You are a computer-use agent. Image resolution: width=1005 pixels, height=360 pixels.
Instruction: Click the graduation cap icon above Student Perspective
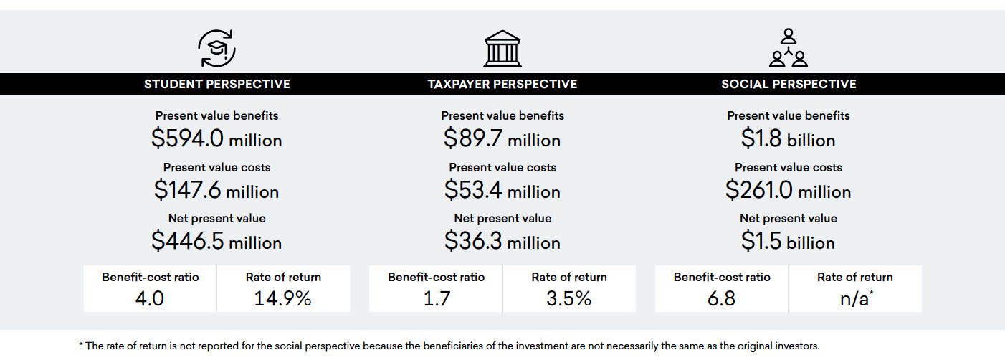216,49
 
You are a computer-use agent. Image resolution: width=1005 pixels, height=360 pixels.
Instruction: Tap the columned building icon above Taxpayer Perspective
502,49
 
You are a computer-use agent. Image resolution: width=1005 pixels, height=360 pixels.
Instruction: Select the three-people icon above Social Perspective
789,48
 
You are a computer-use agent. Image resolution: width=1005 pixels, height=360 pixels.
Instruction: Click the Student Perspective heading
217,84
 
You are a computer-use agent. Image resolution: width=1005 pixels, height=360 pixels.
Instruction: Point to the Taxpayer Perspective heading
502,84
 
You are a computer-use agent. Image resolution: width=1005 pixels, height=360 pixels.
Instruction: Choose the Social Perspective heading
789,84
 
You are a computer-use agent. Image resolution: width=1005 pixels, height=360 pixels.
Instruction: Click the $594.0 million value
216,139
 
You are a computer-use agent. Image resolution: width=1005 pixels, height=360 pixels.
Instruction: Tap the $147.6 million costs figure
216,191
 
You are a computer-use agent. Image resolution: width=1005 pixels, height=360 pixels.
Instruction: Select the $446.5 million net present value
216,242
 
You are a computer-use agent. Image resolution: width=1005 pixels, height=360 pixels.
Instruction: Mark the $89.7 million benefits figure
502,139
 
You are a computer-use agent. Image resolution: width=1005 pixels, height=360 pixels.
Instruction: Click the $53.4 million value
502,191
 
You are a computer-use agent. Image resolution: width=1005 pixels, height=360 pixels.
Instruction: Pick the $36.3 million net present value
502,242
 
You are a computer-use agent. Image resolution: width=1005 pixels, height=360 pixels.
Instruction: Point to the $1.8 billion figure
789,139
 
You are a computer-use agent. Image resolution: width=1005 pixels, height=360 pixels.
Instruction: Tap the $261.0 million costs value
789,191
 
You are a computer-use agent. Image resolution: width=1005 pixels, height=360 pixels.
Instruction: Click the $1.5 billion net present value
789,242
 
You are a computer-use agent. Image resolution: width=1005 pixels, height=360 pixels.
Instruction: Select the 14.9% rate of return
283,298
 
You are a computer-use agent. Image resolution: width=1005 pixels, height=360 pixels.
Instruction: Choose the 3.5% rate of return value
568,298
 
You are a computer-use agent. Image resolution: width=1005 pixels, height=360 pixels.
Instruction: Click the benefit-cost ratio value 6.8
721,298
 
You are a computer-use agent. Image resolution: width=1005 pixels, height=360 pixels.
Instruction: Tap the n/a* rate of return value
855,298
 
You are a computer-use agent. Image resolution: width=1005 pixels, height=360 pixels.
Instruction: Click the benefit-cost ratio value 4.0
150,298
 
